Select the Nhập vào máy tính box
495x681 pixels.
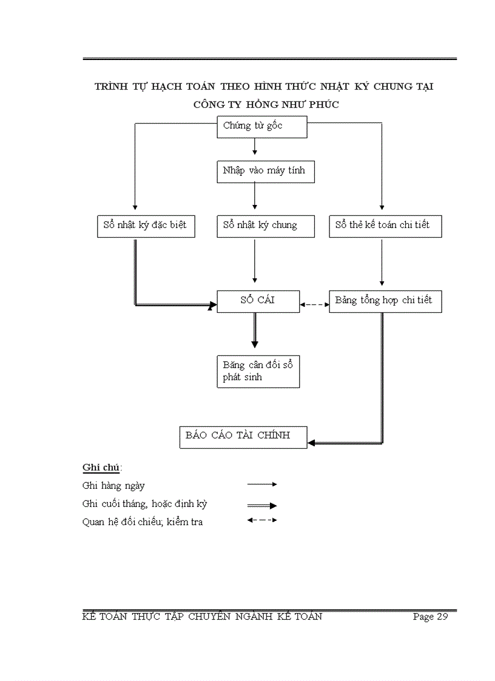pos(266,171)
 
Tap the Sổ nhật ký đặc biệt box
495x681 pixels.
pos(146,226)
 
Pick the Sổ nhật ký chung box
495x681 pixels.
pos(266,226)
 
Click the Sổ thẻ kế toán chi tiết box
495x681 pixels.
pos(385,226)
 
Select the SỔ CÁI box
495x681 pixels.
pos(258,301)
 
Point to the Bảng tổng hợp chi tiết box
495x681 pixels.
pos(385,301)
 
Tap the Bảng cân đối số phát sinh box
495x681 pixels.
pos(258,372)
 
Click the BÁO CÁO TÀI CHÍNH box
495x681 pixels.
pos(243,437)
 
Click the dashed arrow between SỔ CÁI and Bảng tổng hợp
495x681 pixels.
pos(314,304)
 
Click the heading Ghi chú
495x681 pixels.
pos(102,468)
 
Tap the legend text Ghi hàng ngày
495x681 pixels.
pos(113,486)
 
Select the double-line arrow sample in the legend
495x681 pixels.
pos(262,505)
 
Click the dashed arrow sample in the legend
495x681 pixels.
pos(262,520)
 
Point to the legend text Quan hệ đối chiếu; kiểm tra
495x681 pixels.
pos(143,522)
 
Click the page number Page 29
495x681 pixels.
pos(430,617)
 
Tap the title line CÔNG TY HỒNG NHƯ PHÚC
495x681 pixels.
pos(266,104)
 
